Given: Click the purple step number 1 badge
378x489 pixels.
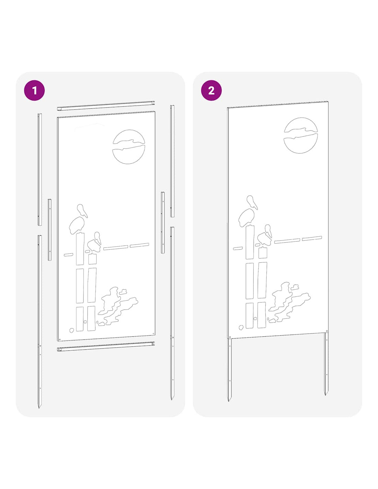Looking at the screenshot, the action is pos(34,90).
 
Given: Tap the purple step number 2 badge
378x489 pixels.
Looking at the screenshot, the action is pos(211,90).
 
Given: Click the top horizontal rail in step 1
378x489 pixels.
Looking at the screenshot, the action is pos(106,106).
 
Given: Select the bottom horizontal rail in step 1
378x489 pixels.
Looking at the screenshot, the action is pos(106,347).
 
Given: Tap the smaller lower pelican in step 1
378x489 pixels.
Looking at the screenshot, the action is pos(95,242).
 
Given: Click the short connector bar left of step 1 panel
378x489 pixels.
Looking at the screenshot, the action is pos(49,230).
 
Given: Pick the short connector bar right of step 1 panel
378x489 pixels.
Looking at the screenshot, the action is pos(163,222).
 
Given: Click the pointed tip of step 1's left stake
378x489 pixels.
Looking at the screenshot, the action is pos(39,408).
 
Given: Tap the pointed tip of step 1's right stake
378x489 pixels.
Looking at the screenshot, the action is pos(172,400).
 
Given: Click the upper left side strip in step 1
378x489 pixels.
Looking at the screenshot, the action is pos(40,170).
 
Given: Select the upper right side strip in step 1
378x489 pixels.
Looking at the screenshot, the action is pos(172,161).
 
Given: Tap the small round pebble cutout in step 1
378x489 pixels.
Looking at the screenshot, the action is pos(72,330).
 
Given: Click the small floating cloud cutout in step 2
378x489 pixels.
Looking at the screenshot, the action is pos(295,287).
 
